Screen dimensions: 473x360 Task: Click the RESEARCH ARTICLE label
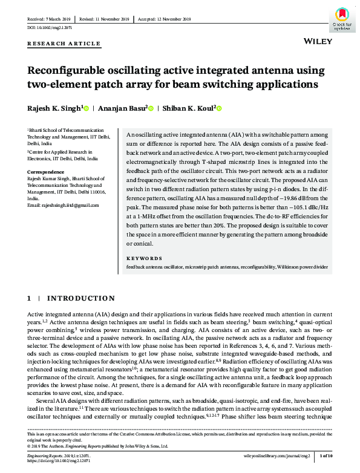tap(64, 44)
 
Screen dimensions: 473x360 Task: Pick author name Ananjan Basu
tap(125, 108)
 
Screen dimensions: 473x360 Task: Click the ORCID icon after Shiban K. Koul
tap(219, 108)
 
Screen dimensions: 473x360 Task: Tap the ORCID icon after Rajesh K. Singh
tap(87, 108)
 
